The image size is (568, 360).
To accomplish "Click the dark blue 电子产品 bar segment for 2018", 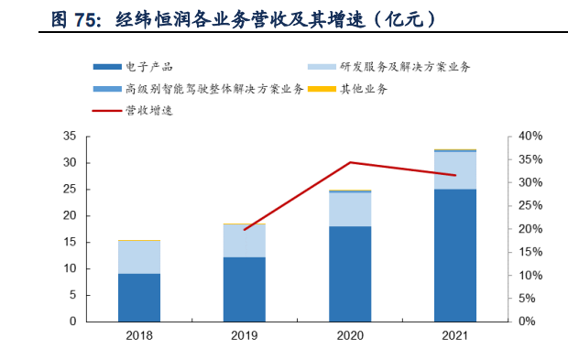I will pos(139,297).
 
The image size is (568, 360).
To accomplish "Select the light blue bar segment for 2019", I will pos(244,241).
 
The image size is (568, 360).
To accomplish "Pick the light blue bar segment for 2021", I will pos(455,170).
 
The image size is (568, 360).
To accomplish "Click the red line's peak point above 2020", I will pos(350,162).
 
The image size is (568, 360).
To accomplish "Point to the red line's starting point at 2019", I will pos(244,229).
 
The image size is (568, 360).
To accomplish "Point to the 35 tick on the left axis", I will pos(70,136).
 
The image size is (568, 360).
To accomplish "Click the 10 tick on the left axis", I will pos(70,268).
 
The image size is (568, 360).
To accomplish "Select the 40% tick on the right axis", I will pos(530,136).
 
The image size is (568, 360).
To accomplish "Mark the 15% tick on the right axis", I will pos(530,252).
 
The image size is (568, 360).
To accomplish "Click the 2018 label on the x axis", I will pos(139,336).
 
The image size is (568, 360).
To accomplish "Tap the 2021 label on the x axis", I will pos(455,336).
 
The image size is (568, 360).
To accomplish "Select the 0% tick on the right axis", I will pos(527,322).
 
